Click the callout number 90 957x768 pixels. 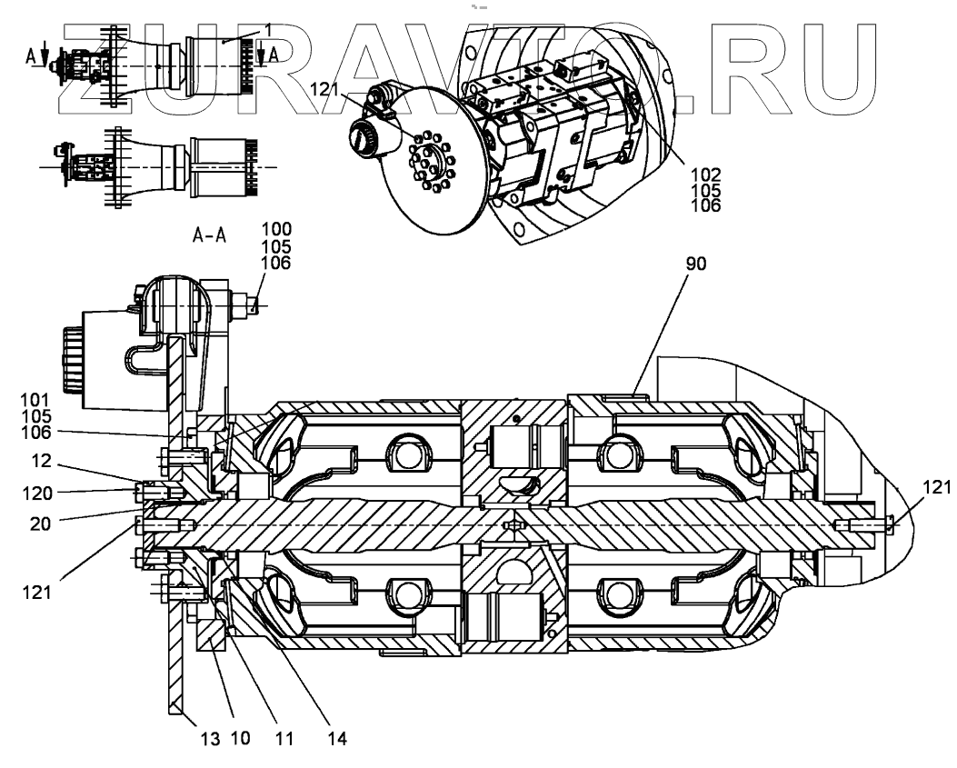click(694, 264)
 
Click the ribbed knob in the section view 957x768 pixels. click(71, 362)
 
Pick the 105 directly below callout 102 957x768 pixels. click(705, 190)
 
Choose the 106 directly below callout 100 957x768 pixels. click(276, 264)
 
